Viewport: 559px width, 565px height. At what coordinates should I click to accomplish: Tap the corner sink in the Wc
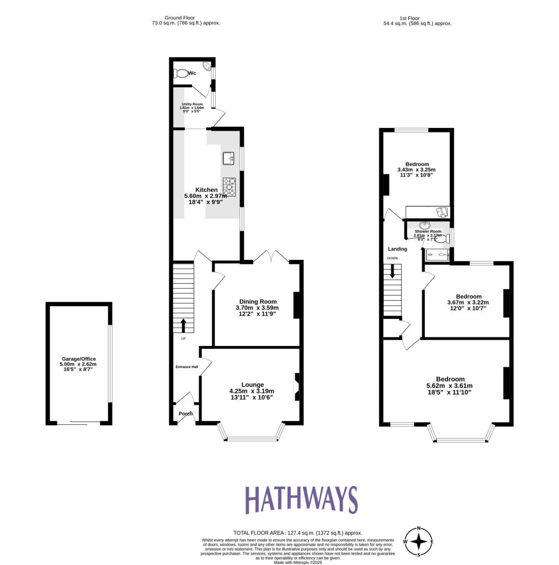click(x=207, y=66)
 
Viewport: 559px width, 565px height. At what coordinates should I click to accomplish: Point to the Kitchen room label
click(x=206, y=190)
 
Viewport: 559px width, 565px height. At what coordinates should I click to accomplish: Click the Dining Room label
click(x=257, y=301)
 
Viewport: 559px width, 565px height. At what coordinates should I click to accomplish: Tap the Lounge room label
click(x=253, y=385)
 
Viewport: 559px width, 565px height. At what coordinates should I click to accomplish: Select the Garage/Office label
click(x=78, y=359)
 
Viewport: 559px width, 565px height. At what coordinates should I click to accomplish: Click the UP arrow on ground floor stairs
click(x=183, y=325)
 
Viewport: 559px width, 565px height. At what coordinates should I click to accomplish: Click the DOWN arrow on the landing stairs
click(x=392, y=270)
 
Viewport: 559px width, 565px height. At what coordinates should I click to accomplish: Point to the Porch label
click(x=185, y=414)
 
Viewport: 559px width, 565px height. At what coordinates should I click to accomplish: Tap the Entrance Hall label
click(x=187, y=367)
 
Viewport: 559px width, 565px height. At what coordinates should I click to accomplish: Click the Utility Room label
click(x=193, y=104)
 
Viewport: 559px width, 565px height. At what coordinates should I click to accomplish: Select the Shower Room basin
click(x=425, y=225)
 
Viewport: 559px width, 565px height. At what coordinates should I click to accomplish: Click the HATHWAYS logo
click(x=301, y=500)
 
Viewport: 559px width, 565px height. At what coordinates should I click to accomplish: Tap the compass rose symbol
click(x=419, y=541)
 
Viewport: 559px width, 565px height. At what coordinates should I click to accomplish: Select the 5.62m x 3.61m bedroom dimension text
click(x=449, y=386)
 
